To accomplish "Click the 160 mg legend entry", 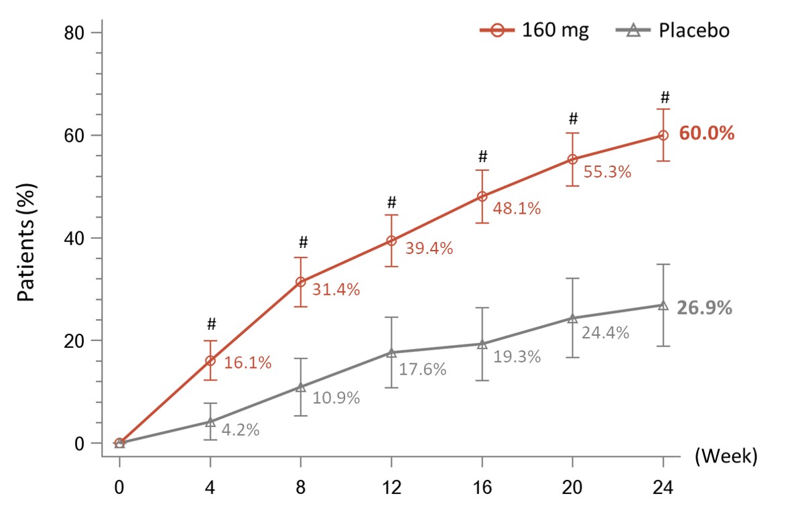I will (x=534, y=31).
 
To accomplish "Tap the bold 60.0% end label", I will (x=706, y=133).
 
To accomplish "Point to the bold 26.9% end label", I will (x=705, y=308).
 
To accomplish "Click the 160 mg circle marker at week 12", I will (x=391, y=241).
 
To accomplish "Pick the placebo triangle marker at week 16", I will (x=482, y=344).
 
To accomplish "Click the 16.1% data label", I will (x=247, y=363).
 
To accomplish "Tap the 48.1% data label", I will (x=517, y=208).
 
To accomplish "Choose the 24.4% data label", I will (x=605, y=332).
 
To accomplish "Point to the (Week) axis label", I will (x=726, y=457).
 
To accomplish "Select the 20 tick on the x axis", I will (x=572, y=485).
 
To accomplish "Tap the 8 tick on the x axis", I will (x=301, y=485).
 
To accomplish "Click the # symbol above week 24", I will (x=663, y=96).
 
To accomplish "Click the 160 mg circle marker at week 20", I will (x=572, y=160).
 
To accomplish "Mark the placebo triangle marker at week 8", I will (x=301, y=387).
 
